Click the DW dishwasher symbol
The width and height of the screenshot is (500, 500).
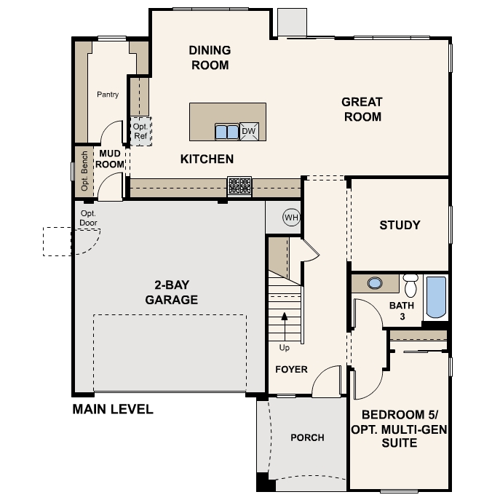[249, 132]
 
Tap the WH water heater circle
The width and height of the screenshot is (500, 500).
[291, 218]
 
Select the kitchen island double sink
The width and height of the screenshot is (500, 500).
[227, 132]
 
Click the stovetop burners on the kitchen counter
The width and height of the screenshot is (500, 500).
[239, 186]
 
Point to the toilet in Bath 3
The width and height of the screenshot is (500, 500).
[410, 285]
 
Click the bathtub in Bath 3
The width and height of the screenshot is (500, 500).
[436, 297]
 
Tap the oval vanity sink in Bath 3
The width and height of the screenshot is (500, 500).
[375, 283]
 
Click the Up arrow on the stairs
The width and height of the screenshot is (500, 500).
[285, 327]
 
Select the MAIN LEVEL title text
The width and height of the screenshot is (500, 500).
[113, 409]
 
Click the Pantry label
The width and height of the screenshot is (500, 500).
[108, 95]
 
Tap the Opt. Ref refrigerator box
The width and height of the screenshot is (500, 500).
[140, 132]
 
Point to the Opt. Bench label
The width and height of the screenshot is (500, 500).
[84, 171]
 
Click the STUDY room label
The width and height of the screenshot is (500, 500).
[400, 225]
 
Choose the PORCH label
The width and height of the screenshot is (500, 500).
[307, 437]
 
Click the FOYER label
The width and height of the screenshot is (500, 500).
[291, 369]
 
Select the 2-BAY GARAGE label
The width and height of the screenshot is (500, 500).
[172, 292]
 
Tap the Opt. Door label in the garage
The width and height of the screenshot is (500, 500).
[88, 218]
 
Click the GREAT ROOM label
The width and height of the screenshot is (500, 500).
[362, 109]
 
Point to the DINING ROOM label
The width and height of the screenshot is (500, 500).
[210, 57]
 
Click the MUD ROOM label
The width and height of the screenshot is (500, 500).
[110, 159]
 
